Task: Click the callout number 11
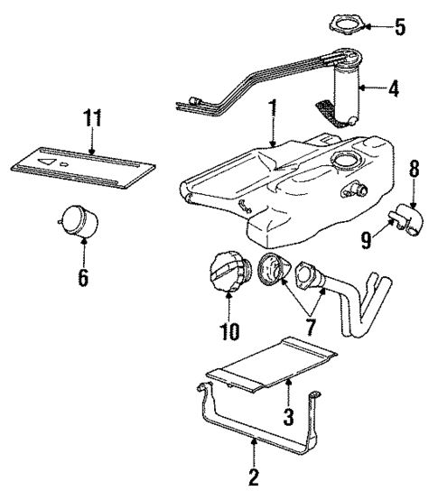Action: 92,117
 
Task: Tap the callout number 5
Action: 399,27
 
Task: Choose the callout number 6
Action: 82,278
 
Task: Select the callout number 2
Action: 254,476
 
